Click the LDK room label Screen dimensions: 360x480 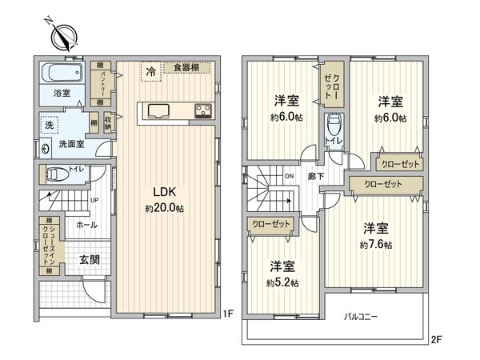pos(165,192)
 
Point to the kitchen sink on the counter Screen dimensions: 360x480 pos(157,111)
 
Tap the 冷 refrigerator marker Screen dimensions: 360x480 pos(150,72)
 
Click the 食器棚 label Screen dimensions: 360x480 pos(185,68)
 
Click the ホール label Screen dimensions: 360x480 pos(86,226)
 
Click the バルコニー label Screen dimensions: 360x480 pos(362,317)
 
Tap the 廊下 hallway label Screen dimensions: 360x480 pos(316,177)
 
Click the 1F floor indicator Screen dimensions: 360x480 pos(227,314)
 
